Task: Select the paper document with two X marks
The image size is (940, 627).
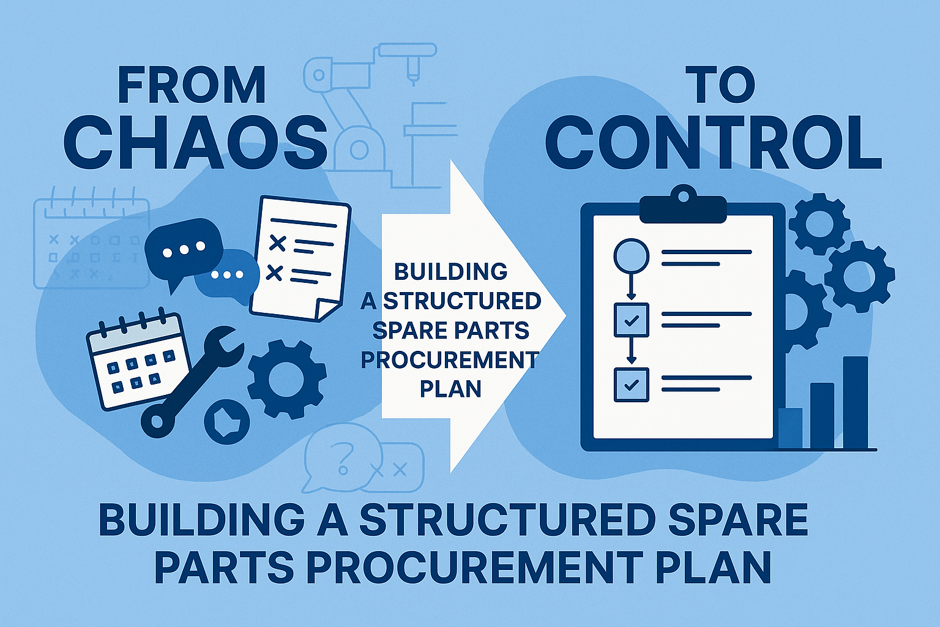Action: (x=300, y=258)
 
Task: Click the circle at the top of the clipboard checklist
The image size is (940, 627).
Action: (x=631, y=256)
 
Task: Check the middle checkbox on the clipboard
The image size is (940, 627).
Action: (x=631, y=320)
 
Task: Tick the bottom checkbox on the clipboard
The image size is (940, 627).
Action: (x=631, y=385)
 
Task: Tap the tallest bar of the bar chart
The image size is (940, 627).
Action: (x=855, y=403)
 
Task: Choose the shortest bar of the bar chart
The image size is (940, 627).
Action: (x=791, y=429)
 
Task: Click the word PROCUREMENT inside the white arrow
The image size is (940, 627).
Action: (x=449, y=360)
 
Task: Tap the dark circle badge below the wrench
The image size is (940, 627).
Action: (x=226, y=421)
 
